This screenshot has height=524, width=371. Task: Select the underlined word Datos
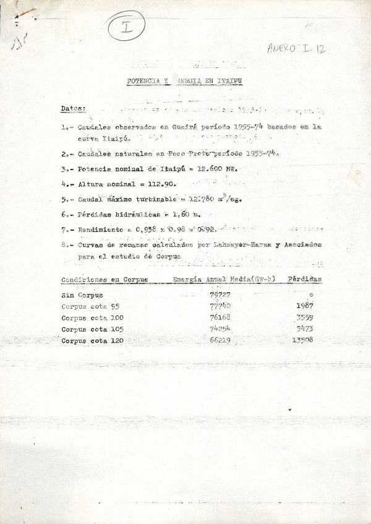click(73, 108)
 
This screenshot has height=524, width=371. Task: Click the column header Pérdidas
click(305, 280)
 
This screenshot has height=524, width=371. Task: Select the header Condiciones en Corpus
click(104, 280)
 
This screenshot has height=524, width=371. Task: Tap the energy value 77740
click(220, 306)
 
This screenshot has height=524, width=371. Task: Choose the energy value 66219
click(220, 340)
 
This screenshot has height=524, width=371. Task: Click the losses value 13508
click(302, 340)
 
